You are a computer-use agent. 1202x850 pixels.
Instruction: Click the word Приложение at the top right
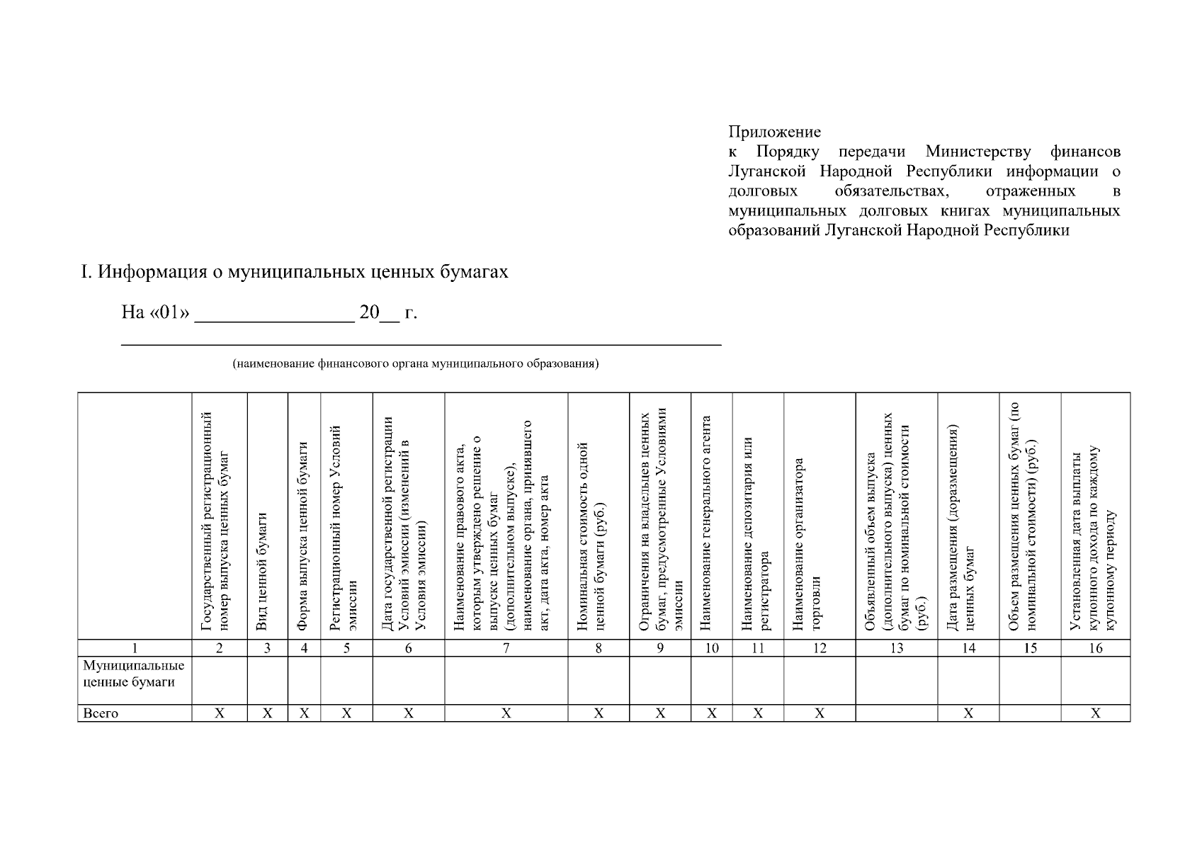[x=774, y=132]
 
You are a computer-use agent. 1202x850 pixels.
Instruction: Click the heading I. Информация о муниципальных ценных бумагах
[x=294, y=272]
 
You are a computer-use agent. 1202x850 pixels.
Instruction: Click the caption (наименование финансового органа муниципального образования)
[x=416, y=364]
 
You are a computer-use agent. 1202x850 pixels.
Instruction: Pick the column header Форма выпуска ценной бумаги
[x=303, y=535]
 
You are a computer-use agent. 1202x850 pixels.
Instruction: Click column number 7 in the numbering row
[x=506, y=648]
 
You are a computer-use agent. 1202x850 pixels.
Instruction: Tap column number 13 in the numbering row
[x=896, y=648]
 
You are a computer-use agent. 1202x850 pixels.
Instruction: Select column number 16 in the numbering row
[x=1095, y=648]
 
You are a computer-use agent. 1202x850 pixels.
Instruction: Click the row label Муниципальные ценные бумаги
[x=133, y=674]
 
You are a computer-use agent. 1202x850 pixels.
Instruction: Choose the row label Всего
[x=101, y=713]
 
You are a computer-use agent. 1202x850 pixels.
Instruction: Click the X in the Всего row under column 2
[x=220, y=713]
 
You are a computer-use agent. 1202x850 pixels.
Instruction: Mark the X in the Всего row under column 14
[x=968, y=713]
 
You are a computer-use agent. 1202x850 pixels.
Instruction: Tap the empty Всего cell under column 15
[x=1030, y=713]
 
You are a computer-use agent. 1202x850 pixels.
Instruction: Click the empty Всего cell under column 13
[x=896, y=713]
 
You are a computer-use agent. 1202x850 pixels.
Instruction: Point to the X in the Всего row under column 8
[x=599, y=713]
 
